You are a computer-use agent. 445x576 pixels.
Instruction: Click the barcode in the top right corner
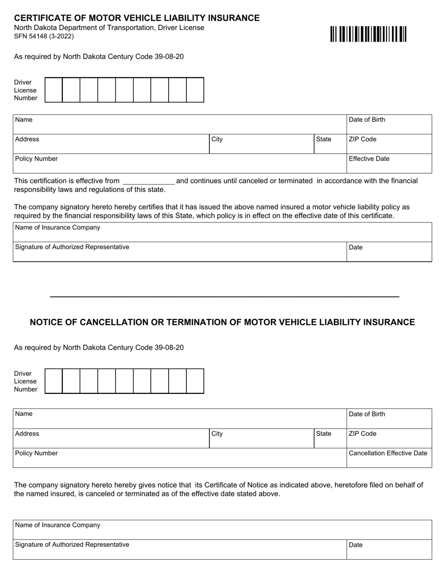368,35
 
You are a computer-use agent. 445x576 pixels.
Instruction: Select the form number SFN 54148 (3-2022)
44,36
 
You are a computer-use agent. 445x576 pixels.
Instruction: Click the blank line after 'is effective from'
148,181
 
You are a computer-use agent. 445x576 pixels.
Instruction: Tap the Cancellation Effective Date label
388,453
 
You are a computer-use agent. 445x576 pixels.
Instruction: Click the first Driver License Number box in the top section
53,90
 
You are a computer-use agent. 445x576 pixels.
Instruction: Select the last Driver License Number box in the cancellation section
195,381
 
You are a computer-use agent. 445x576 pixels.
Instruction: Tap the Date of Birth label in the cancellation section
367,414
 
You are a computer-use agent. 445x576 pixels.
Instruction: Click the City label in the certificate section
217,140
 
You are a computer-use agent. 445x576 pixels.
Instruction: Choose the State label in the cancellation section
324,434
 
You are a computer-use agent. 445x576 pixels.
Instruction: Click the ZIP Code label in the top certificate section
363,140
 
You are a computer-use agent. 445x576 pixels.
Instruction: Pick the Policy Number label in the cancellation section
37,453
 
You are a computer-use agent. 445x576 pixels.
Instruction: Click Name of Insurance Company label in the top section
58,228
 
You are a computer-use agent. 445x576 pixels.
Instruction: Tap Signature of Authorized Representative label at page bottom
72,545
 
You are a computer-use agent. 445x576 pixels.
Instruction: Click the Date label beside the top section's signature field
356,247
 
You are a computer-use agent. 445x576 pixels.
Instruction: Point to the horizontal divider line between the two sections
224,297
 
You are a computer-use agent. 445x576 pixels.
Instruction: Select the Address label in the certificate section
27,140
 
